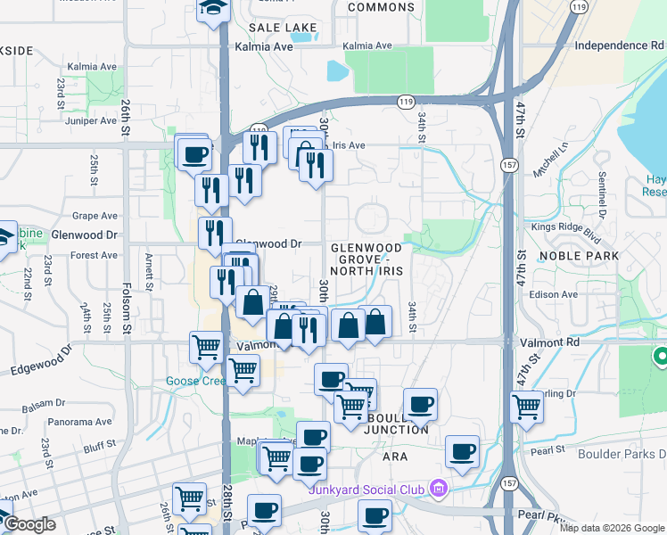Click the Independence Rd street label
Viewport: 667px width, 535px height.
(620, 45)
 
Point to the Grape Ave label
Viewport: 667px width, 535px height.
(95, 216)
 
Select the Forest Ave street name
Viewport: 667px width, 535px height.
(95, 255)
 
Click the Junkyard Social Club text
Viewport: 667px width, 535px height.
(367, 489)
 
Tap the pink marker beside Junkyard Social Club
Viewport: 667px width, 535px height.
(437, 488)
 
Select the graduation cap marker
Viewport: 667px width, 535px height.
(213, 9)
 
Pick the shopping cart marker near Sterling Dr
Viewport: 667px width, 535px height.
(527, 406)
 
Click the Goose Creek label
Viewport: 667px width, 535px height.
(195, 381)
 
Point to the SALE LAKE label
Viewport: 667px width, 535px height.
(284, 28)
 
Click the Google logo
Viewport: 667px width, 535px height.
(29, 524)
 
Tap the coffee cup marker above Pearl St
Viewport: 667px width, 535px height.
(462, 450)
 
